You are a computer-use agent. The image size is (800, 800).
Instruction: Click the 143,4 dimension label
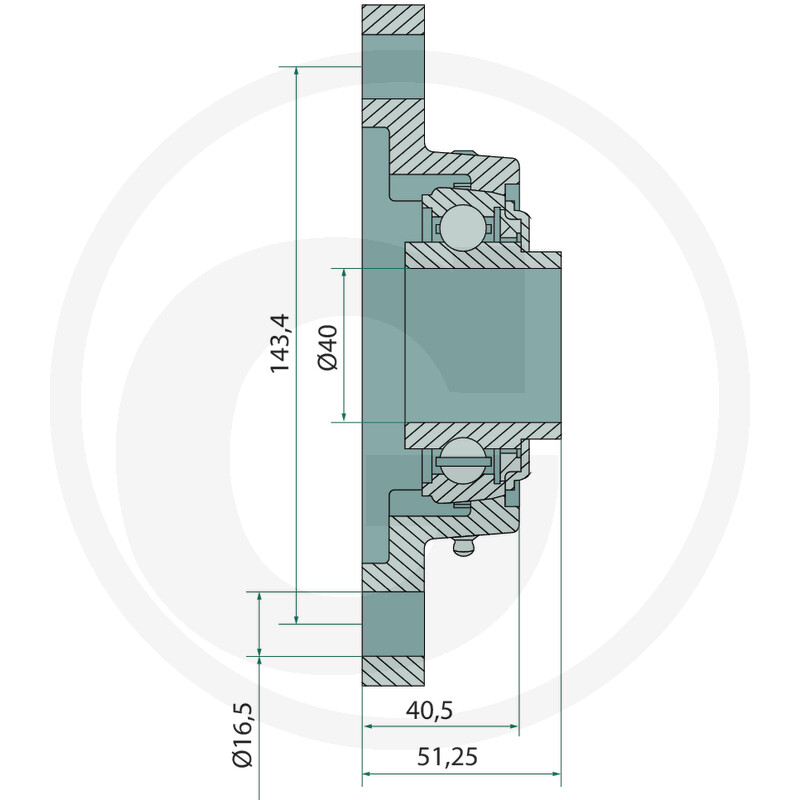(280, 343)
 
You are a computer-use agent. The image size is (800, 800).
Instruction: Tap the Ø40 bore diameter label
(328, 347)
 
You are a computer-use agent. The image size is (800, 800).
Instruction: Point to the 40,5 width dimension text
(429, 710)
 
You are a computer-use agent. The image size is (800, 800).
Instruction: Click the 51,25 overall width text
(447, 757)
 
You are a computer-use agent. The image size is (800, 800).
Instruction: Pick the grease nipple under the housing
(463, 547)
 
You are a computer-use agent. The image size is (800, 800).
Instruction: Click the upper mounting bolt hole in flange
(393, 66)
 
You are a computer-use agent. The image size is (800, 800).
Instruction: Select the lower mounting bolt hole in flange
(393, 624)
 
